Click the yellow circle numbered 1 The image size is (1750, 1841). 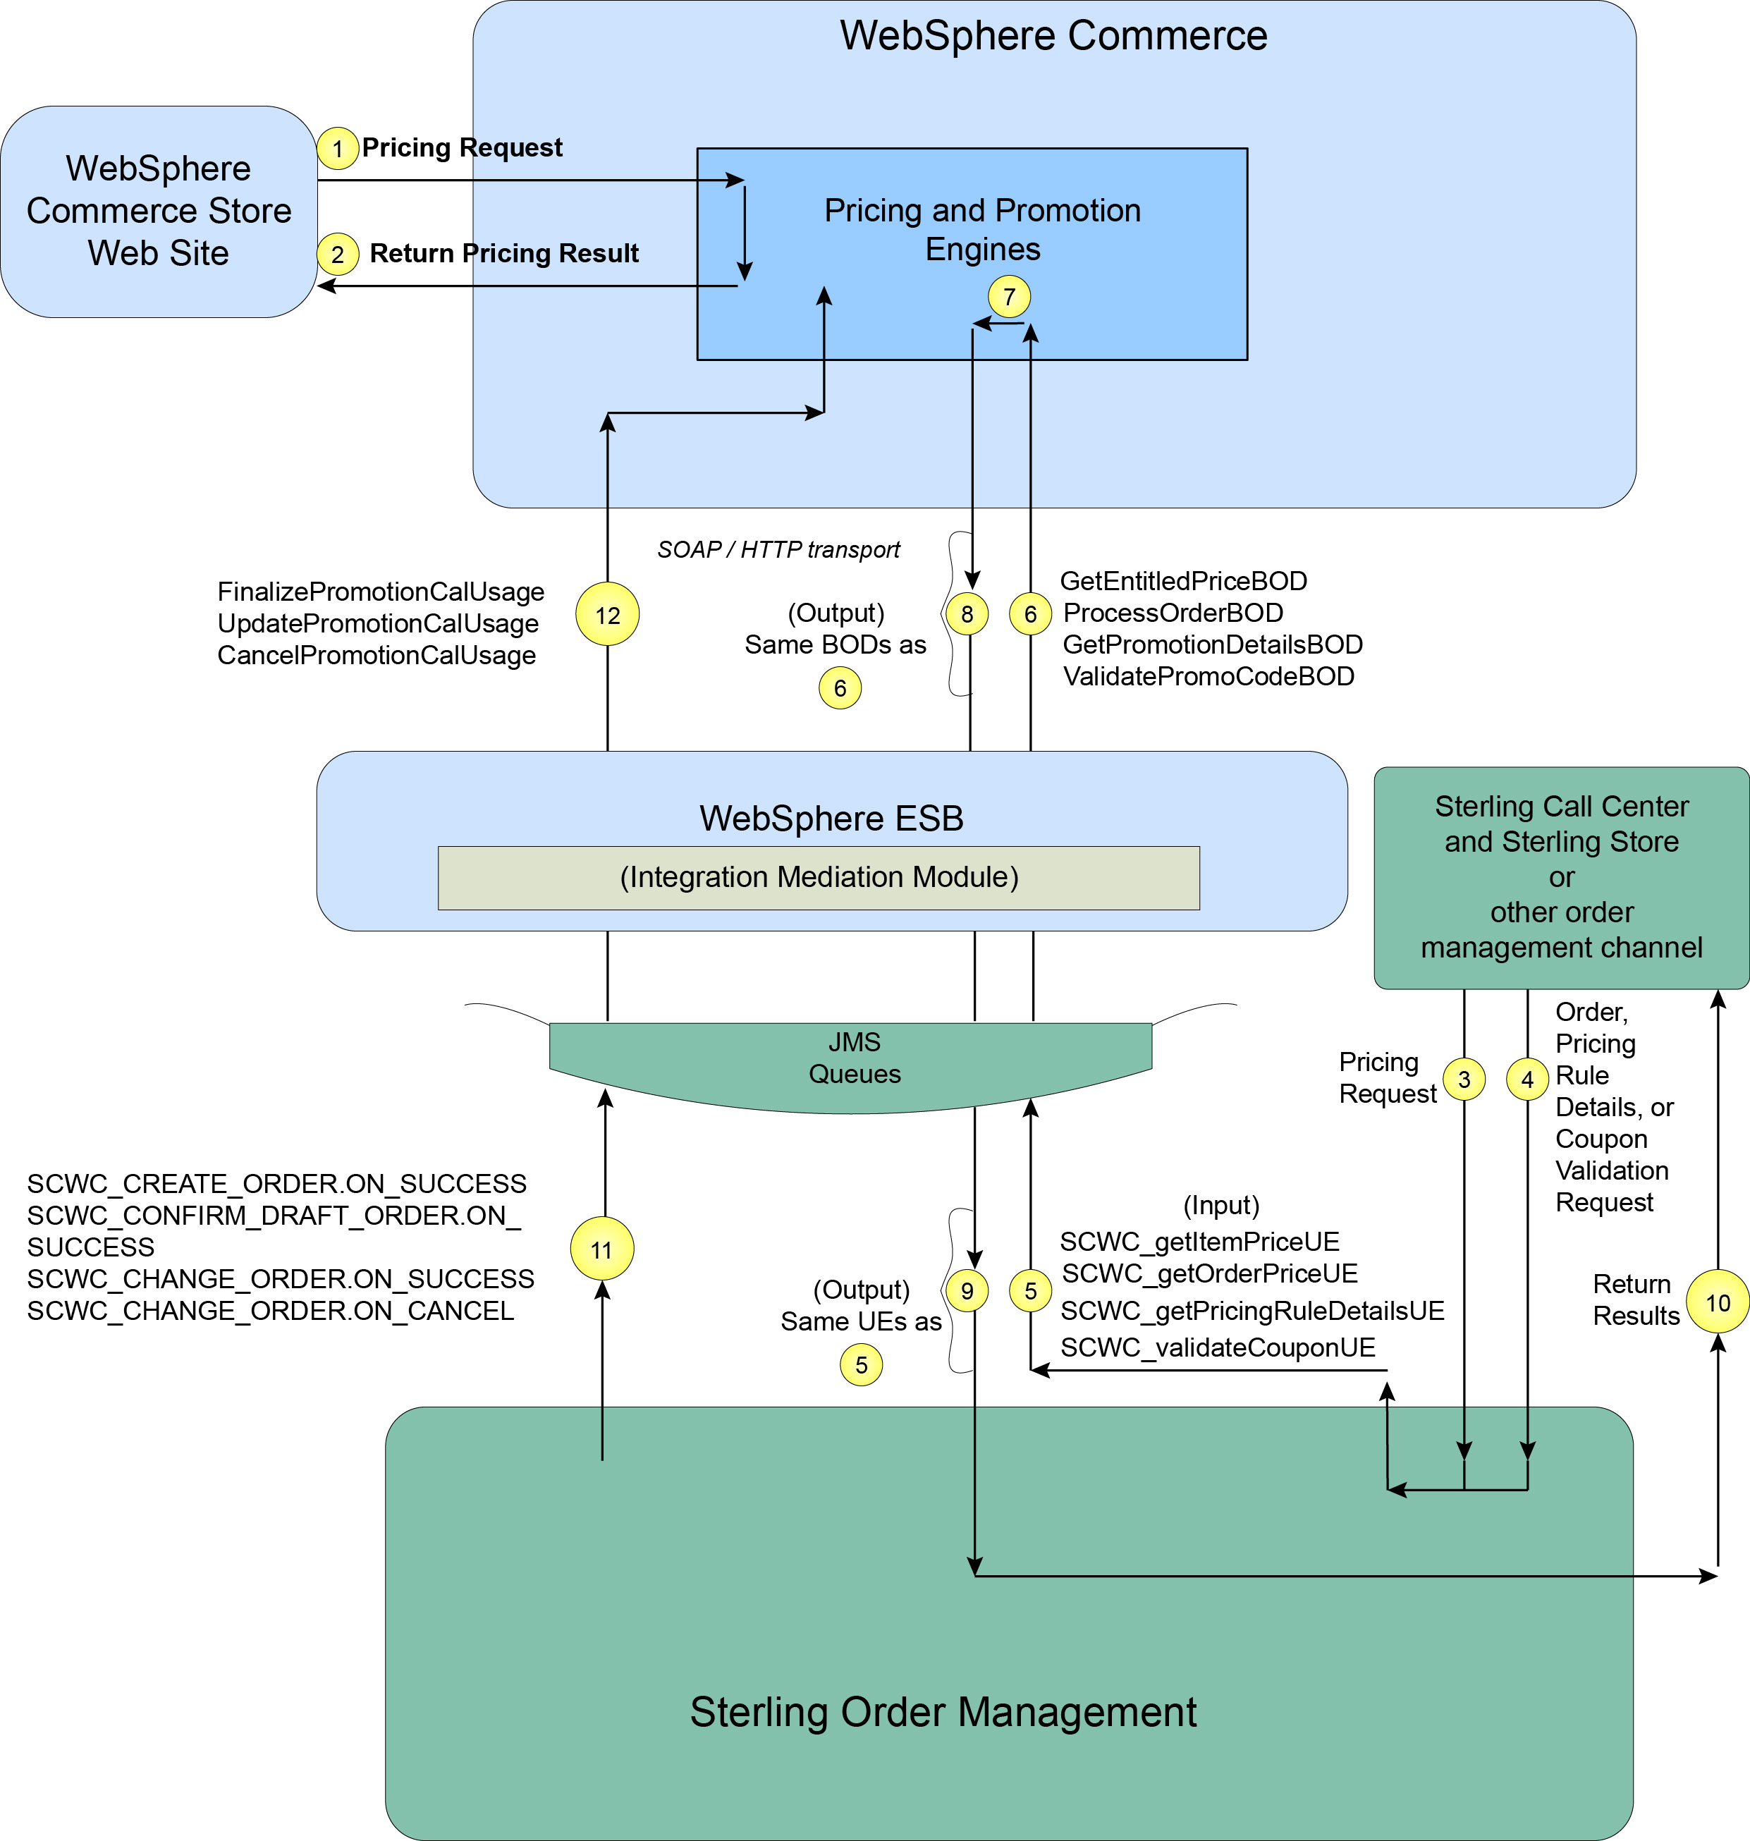[x=338, y=148]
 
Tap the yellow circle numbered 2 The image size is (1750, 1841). [x=338, y=254]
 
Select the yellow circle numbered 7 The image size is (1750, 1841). [x=1008, y=297]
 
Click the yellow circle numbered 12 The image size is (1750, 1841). [x=607, y=615]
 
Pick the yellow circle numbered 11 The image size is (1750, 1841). [x=601, y=1249]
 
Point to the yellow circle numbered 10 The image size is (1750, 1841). [x=1718, y=1302]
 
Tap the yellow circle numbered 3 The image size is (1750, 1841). [x=1464, y=1079]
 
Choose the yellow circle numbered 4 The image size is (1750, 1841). [x=1527, y=1079]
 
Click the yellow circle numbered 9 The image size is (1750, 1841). [x=967, y=1291]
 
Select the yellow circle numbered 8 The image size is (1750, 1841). [x=967, y=613]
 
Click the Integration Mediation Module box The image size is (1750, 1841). [x=818, y=878]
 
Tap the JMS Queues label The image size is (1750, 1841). [x=854, y=1058]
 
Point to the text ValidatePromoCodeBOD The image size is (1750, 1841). [x=1208, y=676]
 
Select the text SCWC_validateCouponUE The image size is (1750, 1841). [x=1218, y=1347]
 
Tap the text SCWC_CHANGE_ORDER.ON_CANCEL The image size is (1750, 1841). [x=271, y=1311]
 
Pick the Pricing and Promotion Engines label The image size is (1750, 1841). [x=982, y=229]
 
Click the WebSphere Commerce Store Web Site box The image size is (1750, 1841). [x=159, y=211]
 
